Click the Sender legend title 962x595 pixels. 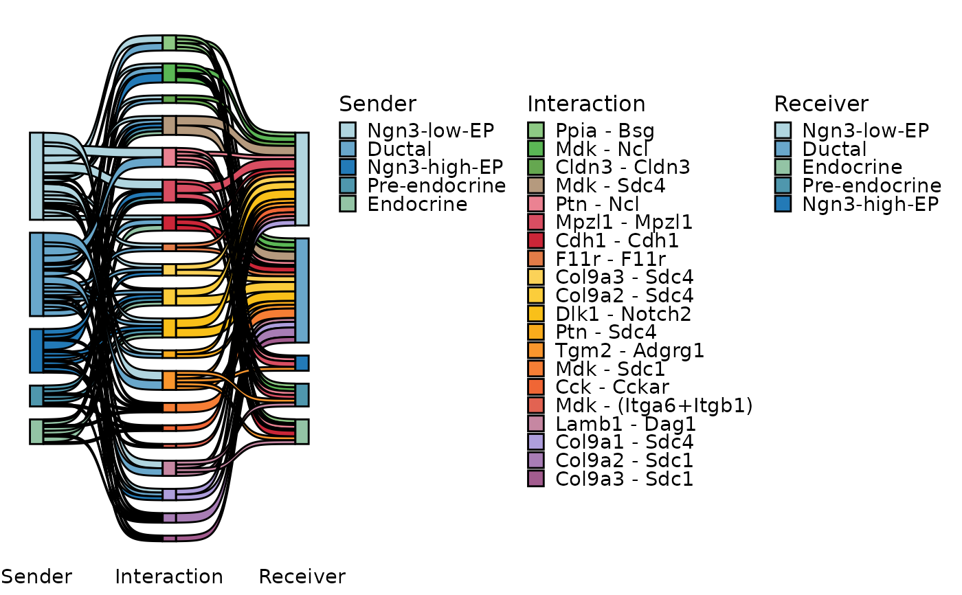coord(377,104)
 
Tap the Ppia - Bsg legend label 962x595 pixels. coord(605,131)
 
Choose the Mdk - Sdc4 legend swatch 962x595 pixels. coord(536,186)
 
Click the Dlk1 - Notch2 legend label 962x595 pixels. coord(623,314)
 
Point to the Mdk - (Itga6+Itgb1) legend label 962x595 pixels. coord(654,405)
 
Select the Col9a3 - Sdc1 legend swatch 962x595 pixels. coord(536,479)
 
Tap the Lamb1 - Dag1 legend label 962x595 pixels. coord(625,424)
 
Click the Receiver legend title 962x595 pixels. coord(821,104)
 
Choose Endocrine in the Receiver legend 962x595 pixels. coord(852,167)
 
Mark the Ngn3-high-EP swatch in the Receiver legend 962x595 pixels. coord(783,204)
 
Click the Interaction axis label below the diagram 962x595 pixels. coord(169,576)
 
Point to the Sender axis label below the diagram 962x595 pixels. coord(36,576)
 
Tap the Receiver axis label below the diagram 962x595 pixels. coord(302,576)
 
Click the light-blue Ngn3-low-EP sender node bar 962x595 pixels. coord(36,177)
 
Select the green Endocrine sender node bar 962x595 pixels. coord(36,432)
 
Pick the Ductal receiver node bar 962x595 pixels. coord(302,290)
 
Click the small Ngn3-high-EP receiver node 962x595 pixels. coord(302,363)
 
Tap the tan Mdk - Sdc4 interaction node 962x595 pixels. coord(169,125)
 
